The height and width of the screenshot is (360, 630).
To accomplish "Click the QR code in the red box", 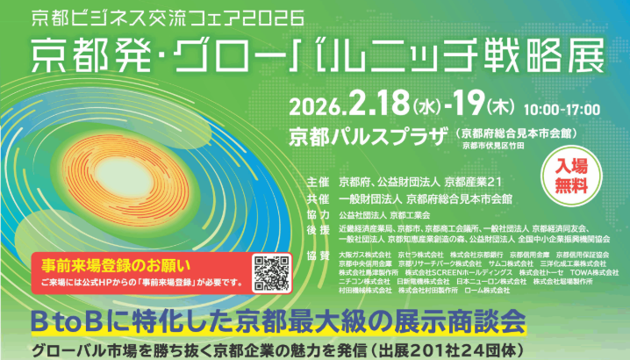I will pos(270,272).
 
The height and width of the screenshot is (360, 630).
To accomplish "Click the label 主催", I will pos(318,182).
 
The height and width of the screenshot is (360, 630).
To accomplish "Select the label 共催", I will pos(318,198).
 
